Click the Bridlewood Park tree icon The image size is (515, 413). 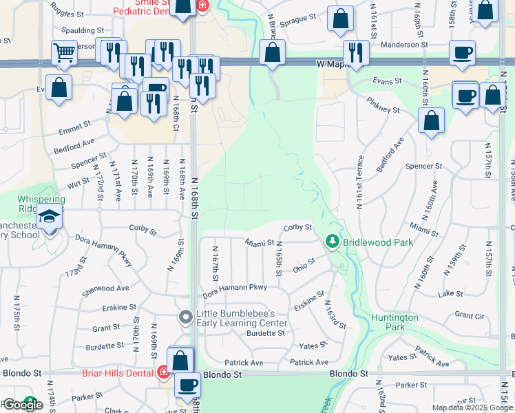332,242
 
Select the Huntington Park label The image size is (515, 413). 394,322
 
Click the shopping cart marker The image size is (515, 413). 64,52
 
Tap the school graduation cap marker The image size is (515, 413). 50,218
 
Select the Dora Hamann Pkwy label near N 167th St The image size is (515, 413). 235,287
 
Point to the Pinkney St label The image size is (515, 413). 383,109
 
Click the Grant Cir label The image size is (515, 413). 470,315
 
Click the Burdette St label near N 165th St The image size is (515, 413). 266,333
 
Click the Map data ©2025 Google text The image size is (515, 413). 472,407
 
